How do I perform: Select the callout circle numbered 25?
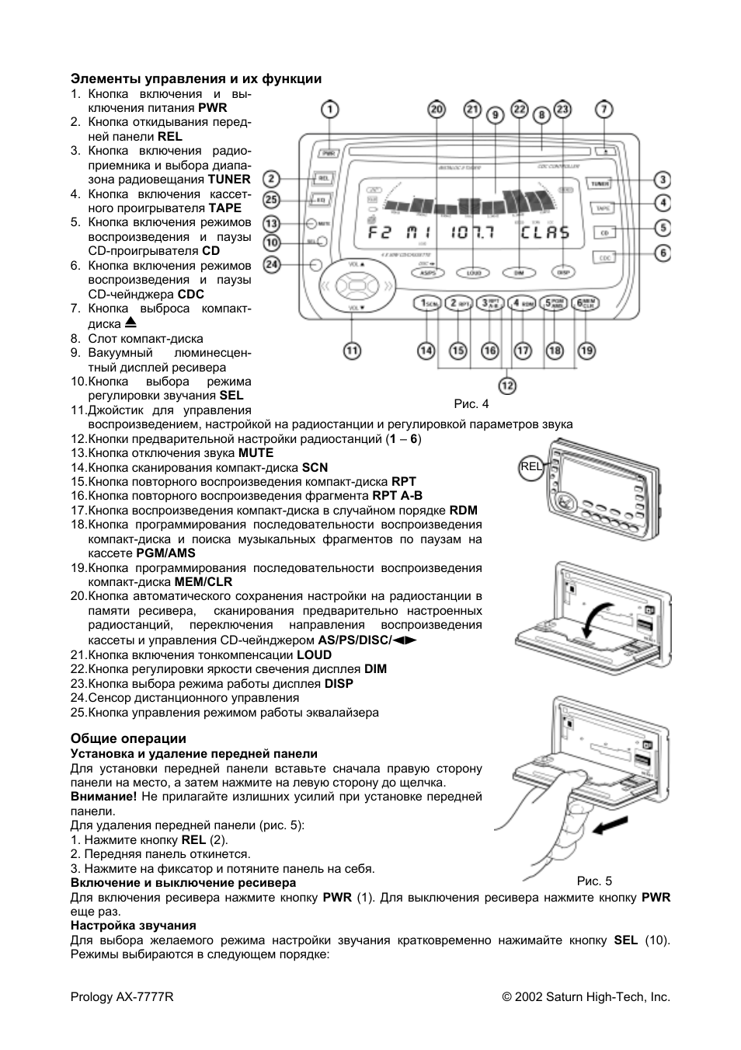pyautogui.click(x=270, y=200)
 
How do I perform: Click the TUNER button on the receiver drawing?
pyautogui.click(x=600, y=183)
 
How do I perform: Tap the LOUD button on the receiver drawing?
pyautogui.click(x=472, y=273)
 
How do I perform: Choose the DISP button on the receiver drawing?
pyautogui.click(x=562, y=273)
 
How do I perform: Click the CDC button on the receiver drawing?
pyautogui.click(x=605, y=256)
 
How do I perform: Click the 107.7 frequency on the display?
pyautogui.click(x=474, y=232)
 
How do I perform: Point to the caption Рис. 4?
pyautogui.click(x=471, y=403)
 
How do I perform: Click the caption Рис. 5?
pyautogui.click(x=594, y=881)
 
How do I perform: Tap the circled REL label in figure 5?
pyautogui.click(x=531, y=466)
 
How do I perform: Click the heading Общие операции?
pyautogui.click(x=128, y=738)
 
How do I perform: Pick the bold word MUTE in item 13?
pyautogui.click(x=256, y=452)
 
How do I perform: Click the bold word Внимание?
pyautogui.click(x=103, y=797)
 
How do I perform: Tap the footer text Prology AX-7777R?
pyautogui.click(x=122, y=997)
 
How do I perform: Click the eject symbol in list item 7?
pyautogui.click(x=130, y=322)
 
